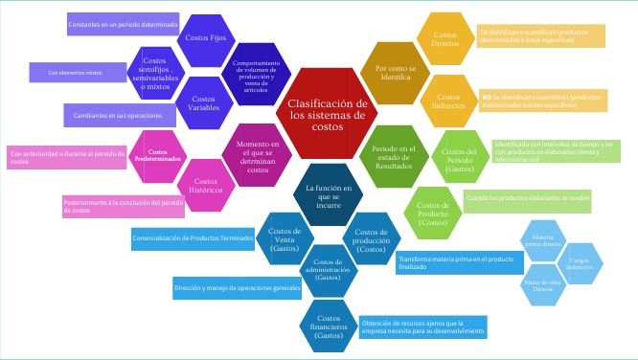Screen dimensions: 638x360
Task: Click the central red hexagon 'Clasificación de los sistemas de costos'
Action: (328, 115)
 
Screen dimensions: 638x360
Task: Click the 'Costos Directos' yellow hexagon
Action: (445, 37)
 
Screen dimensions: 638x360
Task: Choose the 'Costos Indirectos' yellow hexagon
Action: (446, 101)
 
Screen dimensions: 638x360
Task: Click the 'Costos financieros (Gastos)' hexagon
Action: (328, 324)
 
